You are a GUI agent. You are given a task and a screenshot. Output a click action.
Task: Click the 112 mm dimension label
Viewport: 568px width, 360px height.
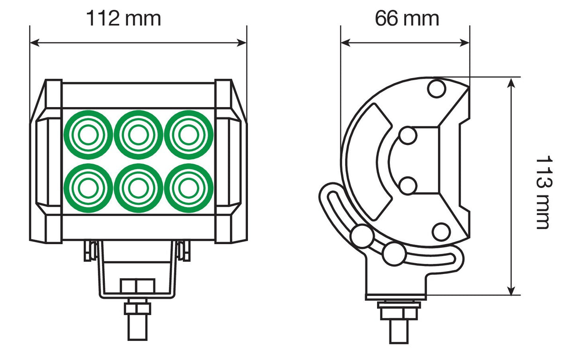124,19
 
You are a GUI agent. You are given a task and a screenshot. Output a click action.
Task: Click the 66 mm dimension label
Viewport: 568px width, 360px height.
407,19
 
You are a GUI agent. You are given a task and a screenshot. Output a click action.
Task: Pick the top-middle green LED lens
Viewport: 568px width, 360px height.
138,135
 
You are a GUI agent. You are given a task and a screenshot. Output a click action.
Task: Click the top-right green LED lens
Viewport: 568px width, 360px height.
189,135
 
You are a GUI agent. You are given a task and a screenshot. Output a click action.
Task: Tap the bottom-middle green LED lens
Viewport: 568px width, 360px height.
138,188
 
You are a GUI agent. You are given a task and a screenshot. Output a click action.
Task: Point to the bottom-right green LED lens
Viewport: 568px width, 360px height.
189,188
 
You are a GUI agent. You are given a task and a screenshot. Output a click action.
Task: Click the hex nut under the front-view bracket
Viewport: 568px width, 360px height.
137,308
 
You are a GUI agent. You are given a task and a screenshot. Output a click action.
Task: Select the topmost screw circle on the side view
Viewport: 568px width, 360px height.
437,88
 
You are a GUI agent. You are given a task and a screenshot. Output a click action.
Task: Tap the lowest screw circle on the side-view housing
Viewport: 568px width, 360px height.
440,231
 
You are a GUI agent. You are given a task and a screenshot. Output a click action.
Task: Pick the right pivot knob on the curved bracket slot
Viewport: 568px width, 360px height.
393,254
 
